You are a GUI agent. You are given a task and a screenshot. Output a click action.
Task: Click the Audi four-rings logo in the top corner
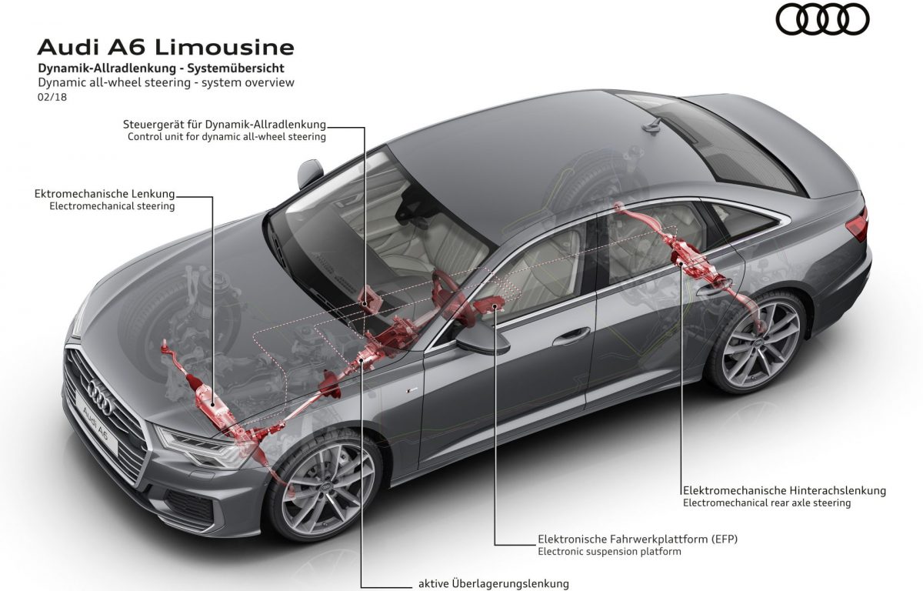822,19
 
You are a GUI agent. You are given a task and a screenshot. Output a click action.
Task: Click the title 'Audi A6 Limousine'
165,48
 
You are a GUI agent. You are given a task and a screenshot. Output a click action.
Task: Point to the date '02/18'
52,97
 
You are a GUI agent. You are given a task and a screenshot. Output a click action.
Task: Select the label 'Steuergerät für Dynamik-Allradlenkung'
224,124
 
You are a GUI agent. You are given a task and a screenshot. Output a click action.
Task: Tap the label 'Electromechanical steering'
112,205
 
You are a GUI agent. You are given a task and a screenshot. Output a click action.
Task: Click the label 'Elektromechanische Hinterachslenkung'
785,490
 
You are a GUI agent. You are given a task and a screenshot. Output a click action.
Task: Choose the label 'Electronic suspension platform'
609,551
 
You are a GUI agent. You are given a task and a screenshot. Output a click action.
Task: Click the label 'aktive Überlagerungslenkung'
494,583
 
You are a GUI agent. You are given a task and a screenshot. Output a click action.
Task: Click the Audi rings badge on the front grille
100,396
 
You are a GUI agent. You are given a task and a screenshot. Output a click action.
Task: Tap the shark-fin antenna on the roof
652,126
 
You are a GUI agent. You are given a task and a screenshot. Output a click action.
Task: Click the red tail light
857,225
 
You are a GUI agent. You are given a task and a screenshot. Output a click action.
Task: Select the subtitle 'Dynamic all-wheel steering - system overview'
166,82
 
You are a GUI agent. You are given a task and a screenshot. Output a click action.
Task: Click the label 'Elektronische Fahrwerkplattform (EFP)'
638,539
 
